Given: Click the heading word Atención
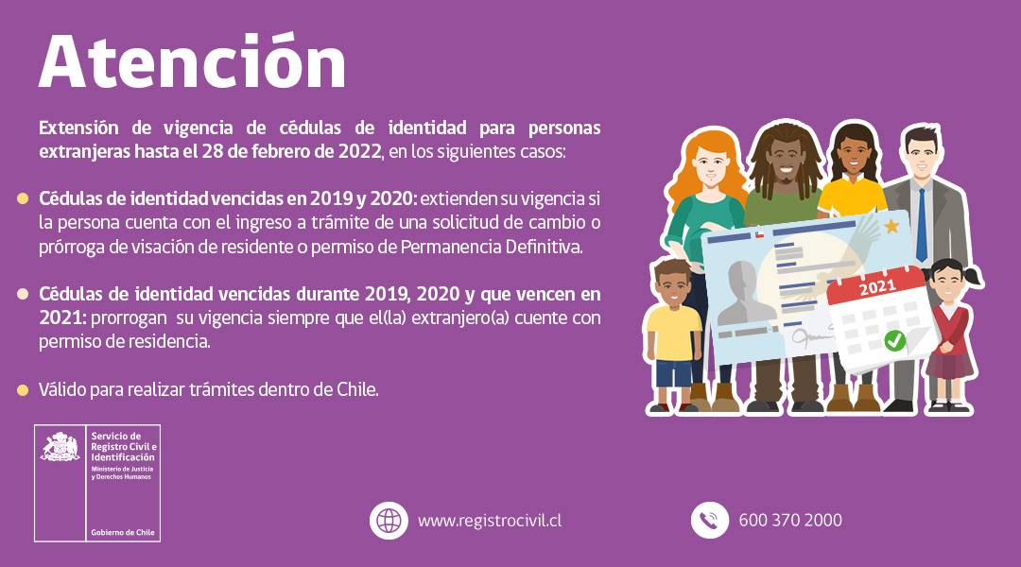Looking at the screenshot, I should (x=192, y=62).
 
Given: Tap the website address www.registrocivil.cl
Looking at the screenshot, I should (x=491, y=521).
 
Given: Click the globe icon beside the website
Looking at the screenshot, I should (x=388, y=521).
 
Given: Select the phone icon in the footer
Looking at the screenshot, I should (x=709, y=521).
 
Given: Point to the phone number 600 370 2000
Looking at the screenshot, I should (x=790, y=521).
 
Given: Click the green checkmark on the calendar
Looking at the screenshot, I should (x=893, y=340).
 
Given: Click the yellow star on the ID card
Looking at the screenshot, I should (x=891, y=227).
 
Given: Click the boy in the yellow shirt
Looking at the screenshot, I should (x=673, y=331).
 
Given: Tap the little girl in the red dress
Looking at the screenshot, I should (x=948, y=331).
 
